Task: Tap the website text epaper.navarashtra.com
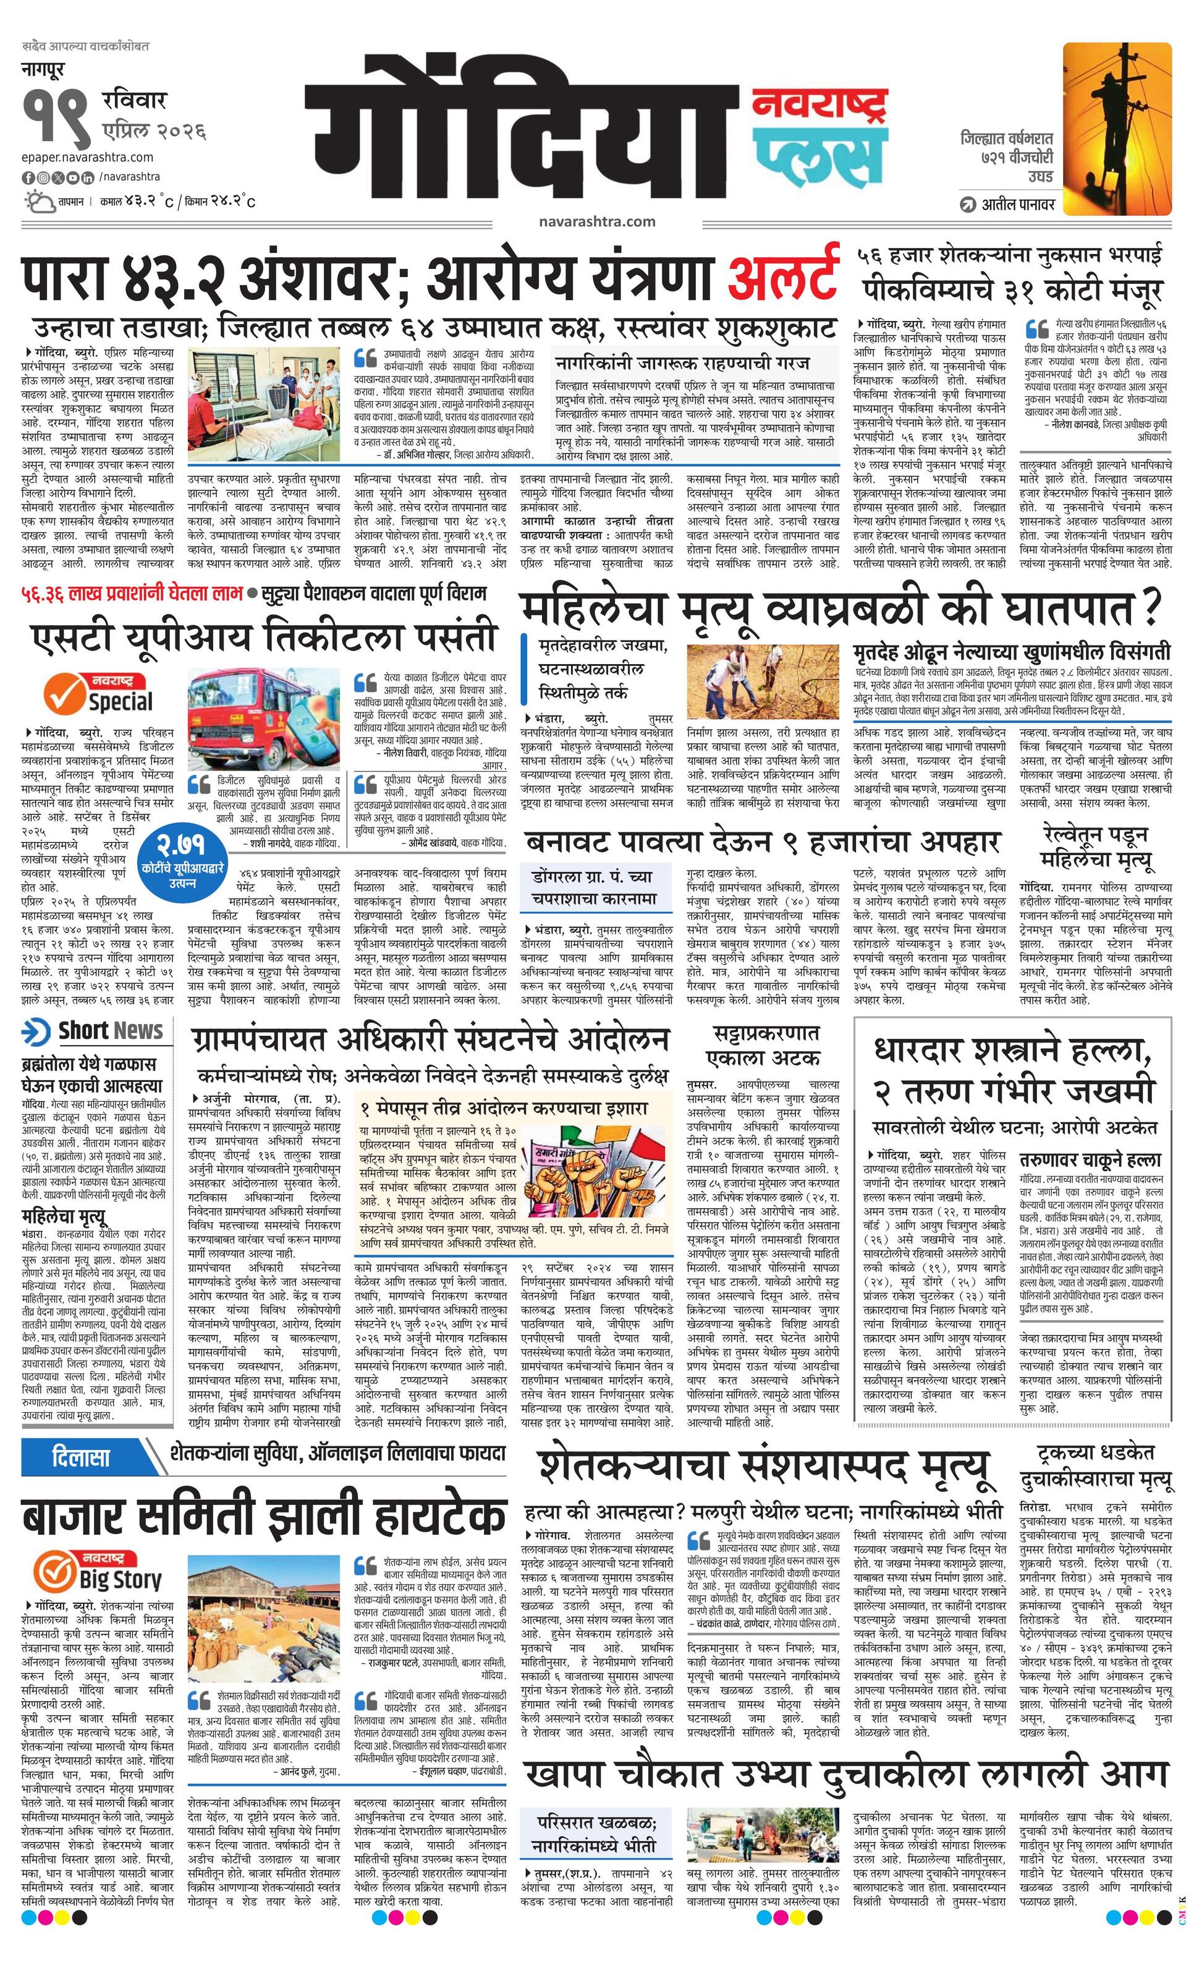tap(88, 157)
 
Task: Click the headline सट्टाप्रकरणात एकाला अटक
tap(762, 1045)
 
